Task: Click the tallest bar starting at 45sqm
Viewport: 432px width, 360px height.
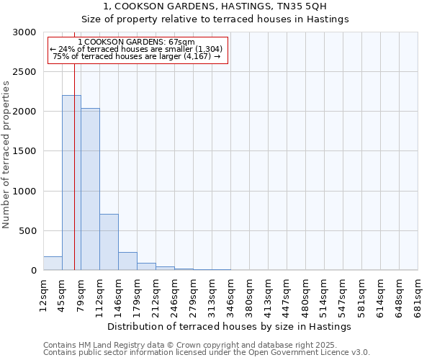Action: [71, 183]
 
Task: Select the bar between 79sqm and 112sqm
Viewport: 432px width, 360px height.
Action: [90, 189]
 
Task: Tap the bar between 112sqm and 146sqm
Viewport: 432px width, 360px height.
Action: [109, 242]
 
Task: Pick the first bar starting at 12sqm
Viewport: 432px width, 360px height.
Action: [53, 264]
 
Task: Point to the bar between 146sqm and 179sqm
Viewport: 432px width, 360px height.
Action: [127, 261]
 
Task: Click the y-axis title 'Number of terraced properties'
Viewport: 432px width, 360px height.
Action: [6, 155]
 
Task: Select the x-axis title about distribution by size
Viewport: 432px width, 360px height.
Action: [230, 326]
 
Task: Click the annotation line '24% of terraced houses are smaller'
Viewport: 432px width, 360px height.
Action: [137, 49]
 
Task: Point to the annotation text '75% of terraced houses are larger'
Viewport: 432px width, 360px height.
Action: [137, 56]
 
